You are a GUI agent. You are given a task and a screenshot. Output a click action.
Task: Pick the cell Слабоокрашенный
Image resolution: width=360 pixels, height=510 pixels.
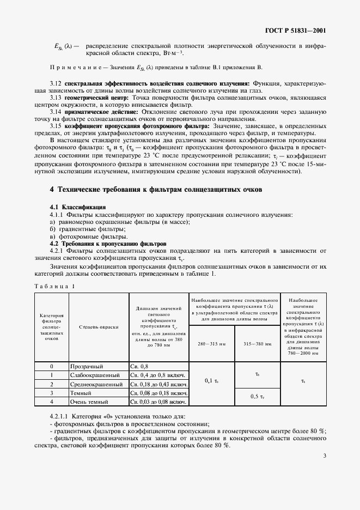point(95,375)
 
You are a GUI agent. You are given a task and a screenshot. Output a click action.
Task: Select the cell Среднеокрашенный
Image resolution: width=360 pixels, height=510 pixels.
point(96,384)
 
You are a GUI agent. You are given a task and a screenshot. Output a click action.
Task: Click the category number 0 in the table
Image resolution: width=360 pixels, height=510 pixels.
point(51,367)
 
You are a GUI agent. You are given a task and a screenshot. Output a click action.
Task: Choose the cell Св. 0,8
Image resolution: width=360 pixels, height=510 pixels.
point(139,367)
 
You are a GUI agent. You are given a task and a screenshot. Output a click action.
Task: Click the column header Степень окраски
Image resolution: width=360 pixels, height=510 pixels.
point(98,327)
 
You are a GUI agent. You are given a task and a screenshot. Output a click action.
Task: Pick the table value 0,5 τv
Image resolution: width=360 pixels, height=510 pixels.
point(256,396)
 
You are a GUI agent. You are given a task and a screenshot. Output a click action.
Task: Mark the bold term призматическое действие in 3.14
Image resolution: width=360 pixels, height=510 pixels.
point(93,112)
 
